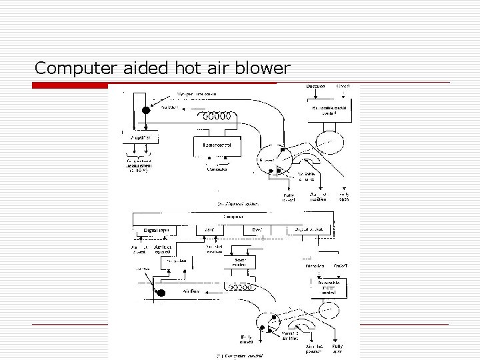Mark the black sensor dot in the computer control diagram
click(160, 292)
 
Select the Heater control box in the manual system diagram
click(217, 145)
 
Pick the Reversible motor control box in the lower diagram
click(329, 287)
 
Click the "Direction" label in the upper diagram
click(315, 87)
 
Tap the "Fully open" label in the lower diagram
click(338, 348)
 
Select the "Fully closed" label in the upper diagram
click(288, 197)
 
